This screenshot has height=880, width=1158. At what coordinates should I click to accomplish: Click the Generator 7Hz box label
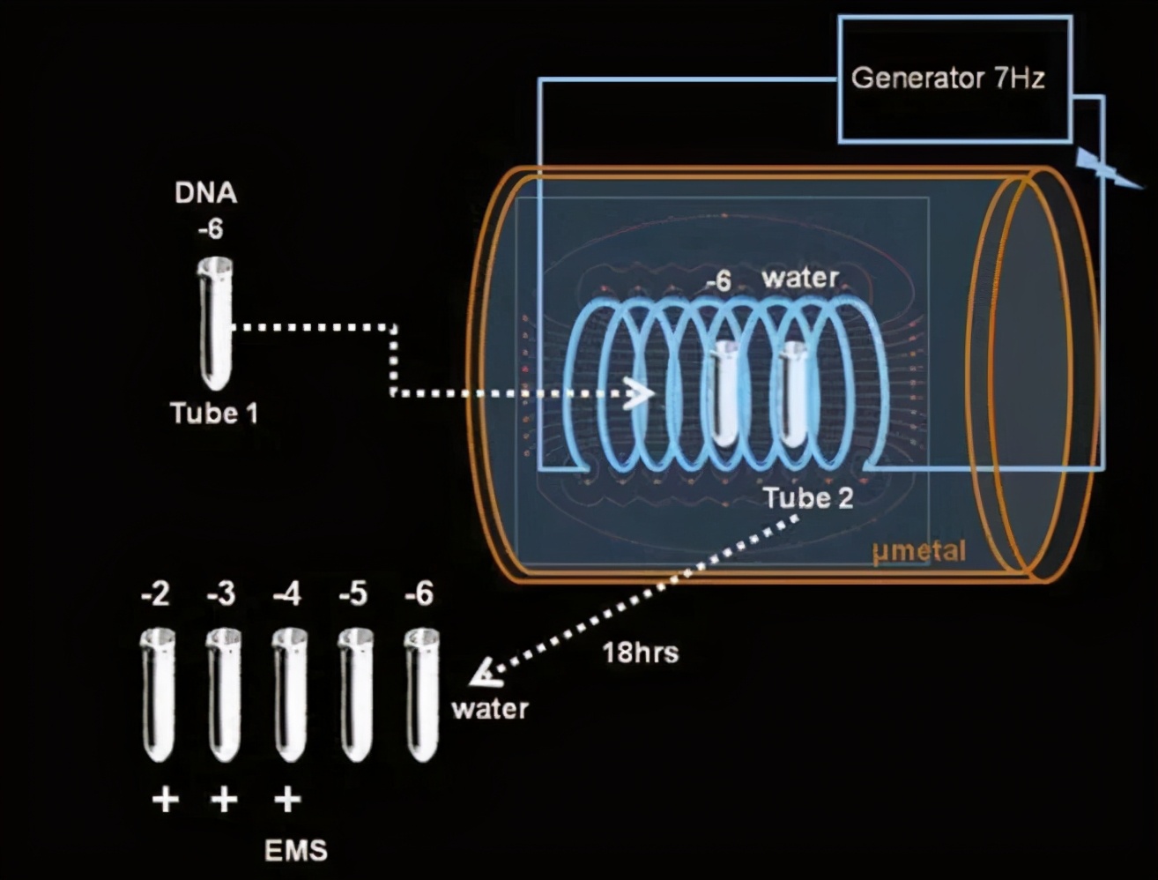[947, 78]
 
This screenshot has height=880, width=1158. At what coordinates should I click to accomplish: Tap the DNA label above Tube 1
[205, 193]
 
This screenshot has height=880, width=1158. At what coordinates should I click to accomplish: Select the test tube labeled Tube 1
[215, 323]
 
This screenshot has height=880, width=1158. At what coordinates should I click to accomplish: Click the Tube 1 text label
[214, 414]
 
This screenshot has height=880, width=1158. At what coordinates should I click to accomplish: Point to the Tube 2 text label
[807, 498]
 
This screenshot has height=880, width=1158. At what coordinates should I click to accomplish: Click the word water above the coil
[800, 278]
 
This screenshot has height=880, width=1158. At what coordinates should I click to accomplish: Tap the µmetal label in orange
[918, 552]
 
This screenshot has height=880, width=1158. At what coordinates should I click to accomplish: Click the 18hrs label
[641, 653]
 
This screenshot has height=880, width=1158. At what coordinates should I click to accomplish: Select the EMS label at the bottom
[295, 851]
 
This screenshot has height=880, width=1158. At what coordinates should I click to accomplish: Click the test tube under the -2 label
[159, 694]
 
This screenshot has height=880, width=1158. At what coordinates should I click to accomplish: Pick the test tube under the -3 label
[224, 694]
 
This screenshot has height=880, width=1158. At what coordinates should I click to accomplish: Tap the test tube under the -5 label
[355, 694]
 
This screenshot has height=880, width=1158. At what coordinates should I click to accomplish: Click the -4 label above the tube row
[286, 594]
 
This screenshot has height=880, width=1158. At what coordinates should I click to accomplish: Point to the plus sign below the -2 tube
[165, 800]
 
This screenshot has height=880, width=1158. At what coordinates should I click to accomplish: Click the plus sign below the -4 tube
[287, 800]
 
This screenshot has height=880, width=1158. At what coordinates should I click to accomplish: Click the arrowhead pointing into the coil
[639, 393]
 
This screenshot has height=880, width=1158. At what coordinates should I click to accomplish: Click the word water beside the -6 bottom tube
[490, 709]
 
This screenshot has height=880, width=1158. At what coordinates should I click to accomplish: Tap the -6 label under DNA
[210, 229]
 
